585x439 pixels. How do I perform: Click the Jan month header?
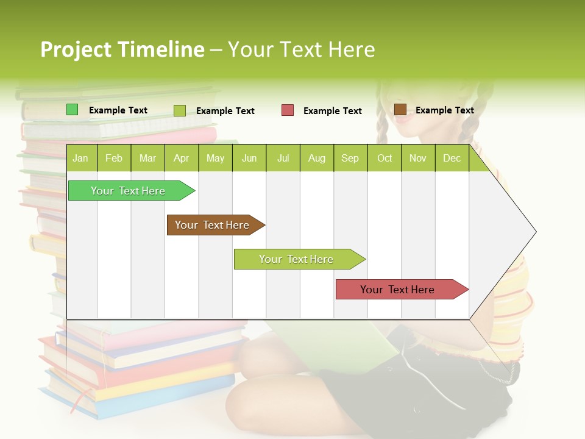tap(80, 159)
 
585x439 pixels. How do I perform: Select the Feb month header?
tap(114, 159)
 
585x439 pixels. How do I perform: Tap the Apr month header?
tap(181, 159)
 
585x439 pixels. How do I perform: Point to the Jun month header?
tap(249, 159)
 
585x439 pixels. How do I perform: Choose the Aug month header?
tap(316, 159)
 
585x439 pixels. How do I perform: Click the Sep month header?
tap(350, 159)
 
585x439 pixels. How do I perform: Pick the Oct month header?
tap(385, 159)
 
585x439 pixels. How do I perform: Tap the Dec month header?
tap(452, 159)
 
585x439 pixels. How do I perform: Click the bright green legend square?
tap(73, 110)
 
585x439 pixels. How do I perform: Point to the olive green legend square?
tap(180, 110)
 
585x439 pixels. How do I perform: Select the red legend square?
tap(288, 110)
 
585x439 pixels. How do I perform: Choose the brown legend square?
tap(400, 110)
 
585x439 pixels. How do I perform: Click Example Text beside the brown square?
tap(444, 110)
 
